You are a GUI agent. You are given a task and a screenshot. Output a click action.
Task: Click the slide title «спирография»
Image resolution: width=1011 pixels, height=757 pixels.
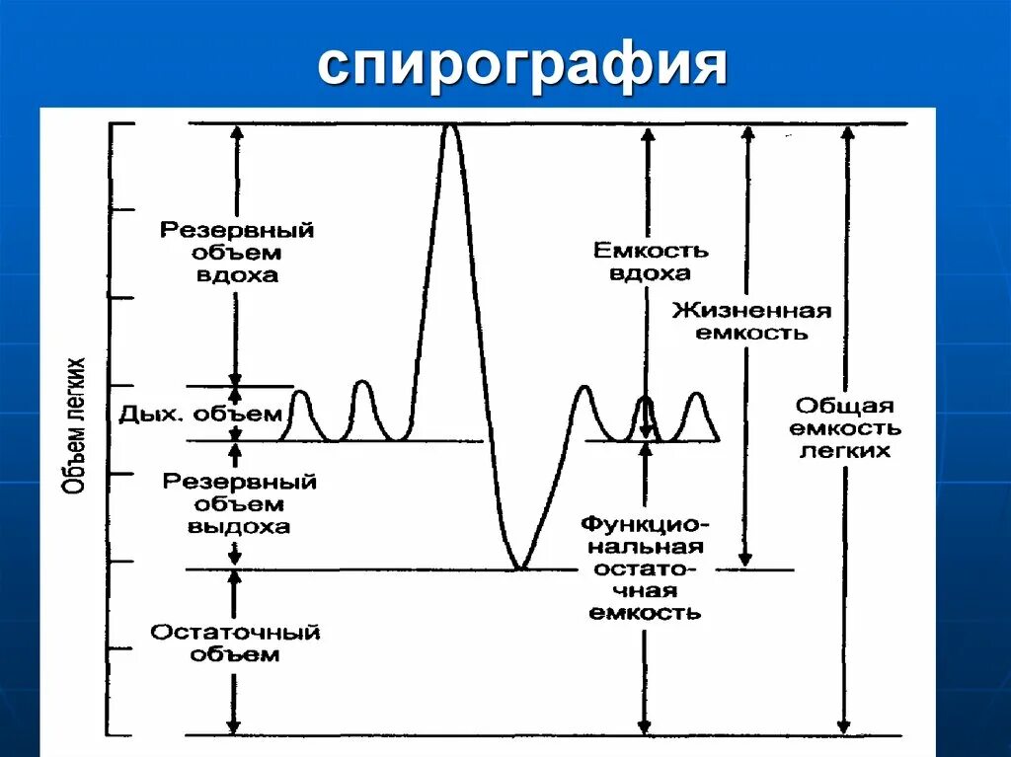pos(522,67)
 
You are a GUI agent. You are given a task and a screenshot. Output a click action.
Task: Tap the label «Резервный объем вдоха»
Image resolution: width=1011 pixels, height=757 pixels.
pos(237,253)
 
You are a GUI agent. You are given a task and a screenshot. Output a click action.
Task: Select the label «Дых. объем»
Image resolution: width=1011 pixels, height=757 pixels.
pos(201,414)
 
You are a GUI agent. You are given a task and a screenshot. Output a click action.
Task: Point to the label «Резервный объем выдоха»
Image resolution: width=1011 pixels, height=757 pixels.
pos(239,503)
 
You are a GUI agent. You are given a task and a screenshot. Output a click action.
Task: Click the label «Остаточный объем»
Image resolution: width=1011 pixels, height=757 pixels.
pos(235,643)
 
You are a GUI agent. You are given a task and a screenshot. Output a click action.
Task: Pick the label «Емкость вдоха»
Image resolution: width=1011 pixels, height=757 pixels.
pos(651,262)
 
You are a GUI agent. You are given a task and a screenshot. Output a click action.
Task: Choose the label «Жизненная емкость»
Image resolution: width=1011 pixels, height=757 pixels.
pos(752,322)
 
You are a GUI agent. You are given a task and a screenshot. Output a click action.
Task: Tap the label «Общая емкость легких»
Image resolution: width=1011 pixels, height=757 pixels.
pos(846,427)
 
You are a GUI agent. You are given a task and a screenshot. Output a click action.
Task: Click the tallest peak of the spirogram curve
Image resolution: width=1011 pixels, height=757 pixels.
pos(450,127)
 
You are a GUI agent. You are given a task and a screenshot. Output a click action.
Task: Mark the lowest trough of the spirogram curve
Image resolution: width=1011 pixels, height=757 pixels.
pos(520,567)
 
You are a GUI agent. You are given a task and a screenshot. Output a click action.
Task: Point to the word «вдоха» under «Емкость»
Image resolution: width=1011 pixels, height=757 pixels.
pos(650,274)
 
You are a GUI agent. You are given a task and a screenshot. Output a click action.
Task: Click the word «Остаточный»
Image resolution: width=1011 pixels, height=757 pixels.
pos(235,632)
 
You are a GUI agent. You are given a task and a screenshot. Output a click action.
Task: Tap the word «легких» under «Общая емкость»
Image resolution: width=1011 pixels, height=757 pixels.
pos(845,451)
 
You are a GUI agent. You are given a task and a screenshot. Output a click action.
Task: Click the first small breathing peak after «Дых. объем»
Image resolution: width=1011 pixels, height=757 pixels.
pos(300,395)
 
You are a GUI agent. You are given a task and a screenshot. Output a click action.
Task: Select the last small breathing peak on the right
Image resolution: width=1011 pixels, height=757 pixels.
pos(697,396)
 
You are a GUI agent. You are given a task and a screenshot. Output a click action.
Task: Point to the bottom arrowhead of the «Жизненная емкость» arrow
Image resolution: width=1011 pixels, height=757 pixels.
pos(746,560)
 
